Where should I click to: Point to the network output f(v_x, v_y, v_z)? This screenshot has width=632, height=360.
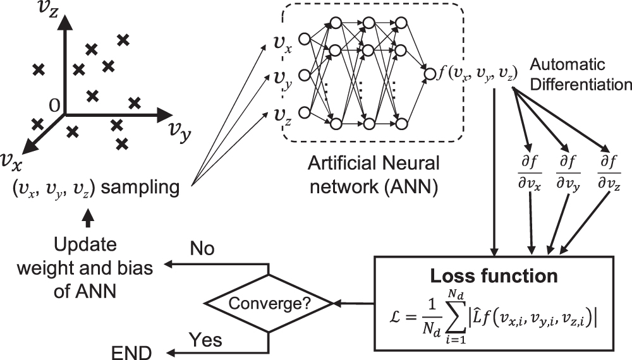[x=478, y=73]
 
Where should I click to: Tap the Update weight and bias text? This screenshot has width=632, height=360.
[x=102, y=259]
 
